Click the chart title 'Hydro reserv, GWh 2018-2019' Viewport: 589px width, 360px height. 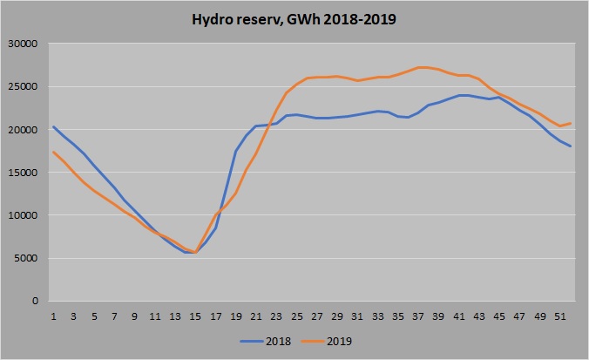pos(294,18)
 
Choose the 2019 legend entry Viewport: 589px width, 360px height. pos(338,341)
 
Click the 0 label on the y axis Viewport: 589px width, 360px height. pos(35,302)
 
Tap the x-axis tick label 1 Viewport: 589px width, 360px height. pos(53,316)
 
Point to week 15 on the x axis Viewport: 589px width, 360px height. pos(195,316)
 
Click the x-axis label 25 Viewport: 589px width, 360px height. pos(296,316)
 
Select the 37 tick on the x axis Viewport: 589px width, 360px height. pos(418,316)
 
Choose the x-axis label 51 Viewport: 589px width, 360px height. pos(560,316)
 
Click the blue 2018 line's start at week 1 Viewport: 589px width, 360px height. pos(53,126)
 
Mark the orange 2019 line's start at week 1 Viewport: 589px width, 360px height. pos(53,152)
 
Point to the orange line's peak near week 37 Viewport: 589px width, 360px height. pos(420,67)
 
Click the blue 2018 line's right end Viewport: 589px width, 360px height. pos(571,146)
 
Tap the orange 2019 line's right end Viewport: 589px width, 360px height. pos(571,123)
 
